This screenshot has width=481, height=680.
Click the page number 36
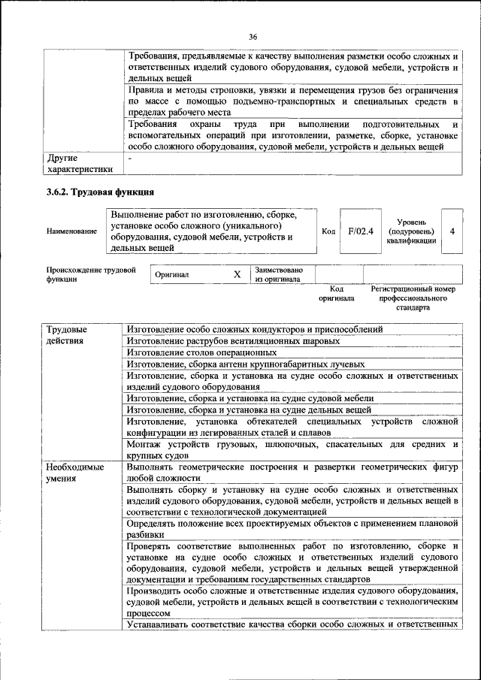tap(253, 36)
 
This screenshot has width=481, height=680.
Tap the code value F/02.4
tap(361, 231)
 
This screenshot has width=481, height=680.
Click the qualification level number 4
tap(452, 231)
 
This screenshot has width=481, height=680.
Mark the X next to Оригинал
tap(237, 275)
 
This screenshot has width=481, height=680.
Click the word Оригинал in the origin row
tap(172, 275)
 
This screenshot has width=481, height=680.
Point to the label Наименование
tap(71, 231)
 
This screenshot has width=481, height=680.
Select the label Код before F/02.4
tap(328, 231)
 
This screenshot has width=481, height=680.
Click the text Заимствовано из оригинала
tap(279, 274)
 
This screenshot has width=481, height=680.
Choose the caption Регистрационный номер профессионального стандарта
tap(413, 298)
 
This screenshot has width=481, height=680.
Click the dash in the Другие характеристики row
tap(130, 159)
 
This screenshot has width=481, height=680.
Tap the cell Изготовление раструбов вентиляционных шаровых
tap(233, 340)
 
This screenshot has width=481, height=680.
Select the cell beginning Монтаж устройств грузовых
tap(292, 449)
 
